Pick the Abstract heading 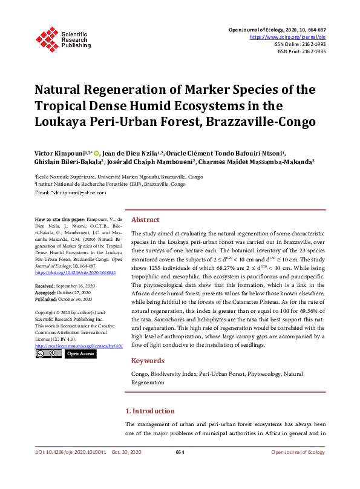[x=145, y=220]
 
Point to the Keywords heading [x=148, y=361]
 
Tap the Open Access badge [x=80, y=353]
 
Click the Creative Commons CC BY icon [x=48, y=353]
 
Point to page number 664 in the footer [x=180, y=452]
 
